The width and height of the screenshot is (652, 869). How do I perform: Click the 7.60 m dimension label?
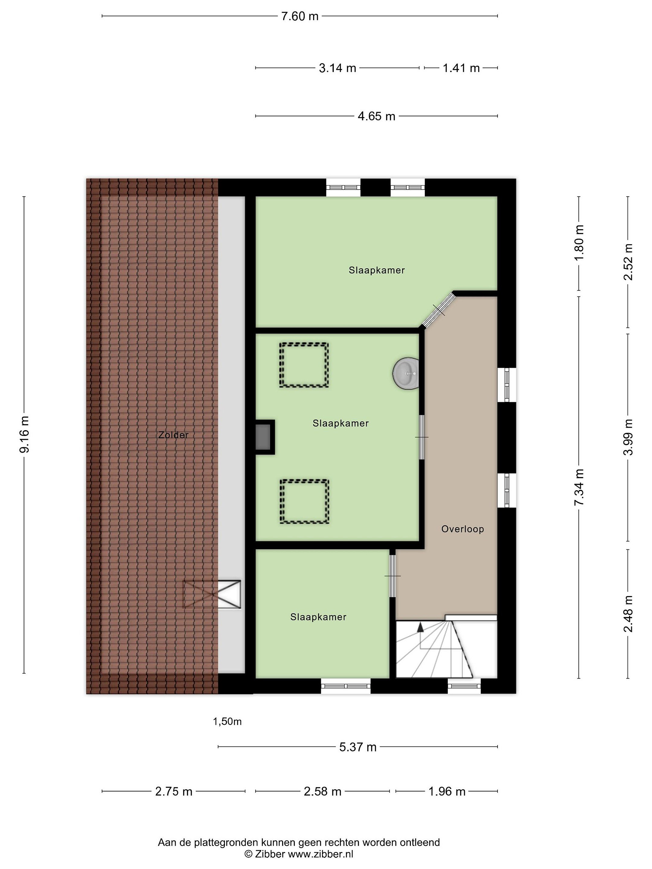(x=299, y=17)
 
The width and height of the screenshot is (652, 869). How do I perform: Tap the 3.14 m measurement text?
(x=337, y=68)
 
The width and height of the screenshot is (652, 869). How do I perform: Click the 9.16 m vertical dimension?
(x=24, y=434)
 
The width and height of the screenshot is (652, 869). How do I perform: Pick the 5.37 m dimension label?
(x=358, y=747)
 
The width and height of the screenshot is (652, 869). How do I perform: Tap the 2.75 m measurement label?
(x=174, y=792)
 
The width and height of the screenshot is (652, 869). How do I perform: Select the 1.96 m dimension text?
(x=447, y=792)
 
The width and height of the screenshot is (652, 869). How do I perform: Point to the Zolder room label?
(x=173, y=435)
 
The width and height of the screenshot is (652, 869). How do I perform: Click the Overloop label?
(x=462, y=529)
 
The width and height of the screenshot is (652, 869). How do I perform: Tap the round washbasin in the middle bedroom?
(x=406, y=373)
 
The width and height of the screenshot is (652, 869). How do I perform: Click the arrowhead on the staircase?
(x=420, y=627)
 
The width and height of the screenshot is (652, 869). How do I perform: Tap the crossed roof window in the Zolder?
(x=212, y=594)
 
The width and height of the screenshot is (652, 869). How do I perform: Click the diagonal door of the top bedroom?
(x=439, y=310)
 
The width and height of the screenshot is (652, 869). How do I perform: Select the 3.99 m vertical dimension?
(x=628, y=437)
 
